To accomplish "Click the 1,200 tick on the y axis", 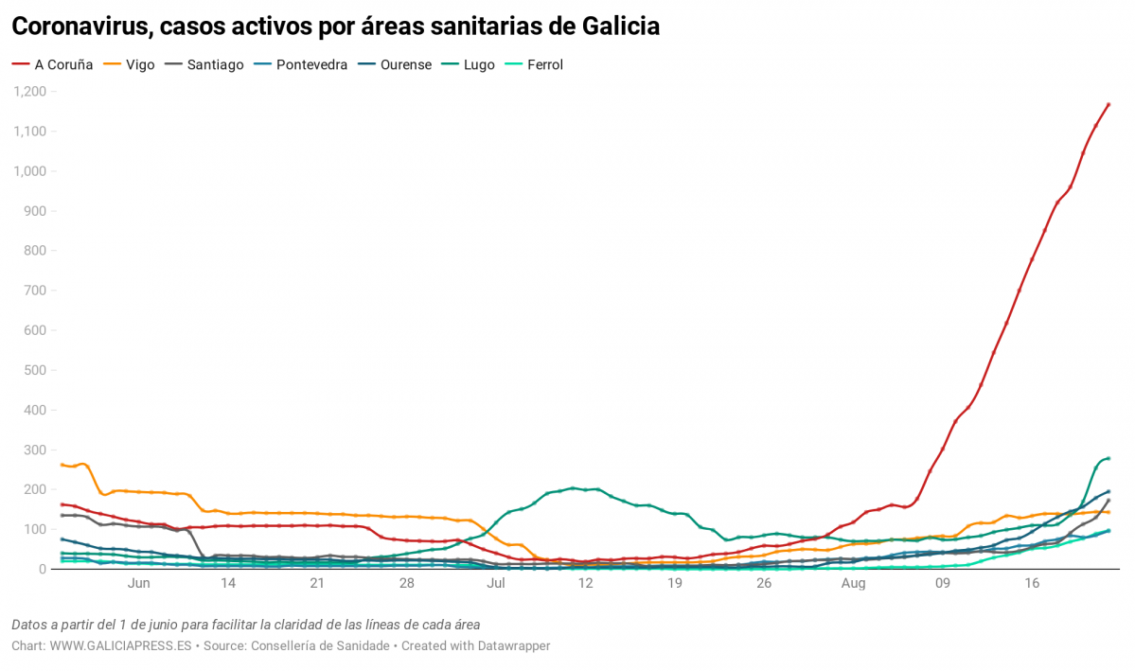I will [x=30, y=92].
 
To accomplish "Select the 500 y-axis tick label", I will [x=36, y=370].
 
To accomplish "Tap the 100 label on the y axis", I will [x=36, y=529].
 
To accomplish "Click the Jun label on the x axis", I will [x=138, y=584].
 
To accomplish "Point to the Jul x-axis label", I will [x=495, y=584].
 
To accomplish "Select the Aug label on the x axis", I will [x=853, y=584].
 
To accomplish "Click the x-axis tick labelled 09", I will [x=943, y=584].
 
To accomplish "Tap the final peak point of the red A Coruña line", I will [x=1108, y=104].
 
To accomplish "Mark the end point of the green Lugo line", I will [x=1108, y=458].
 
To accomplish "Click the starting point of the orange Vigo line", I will [x=62, y=465].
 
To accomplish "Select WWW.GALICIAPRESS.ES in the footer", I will [x=120, y=645].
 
